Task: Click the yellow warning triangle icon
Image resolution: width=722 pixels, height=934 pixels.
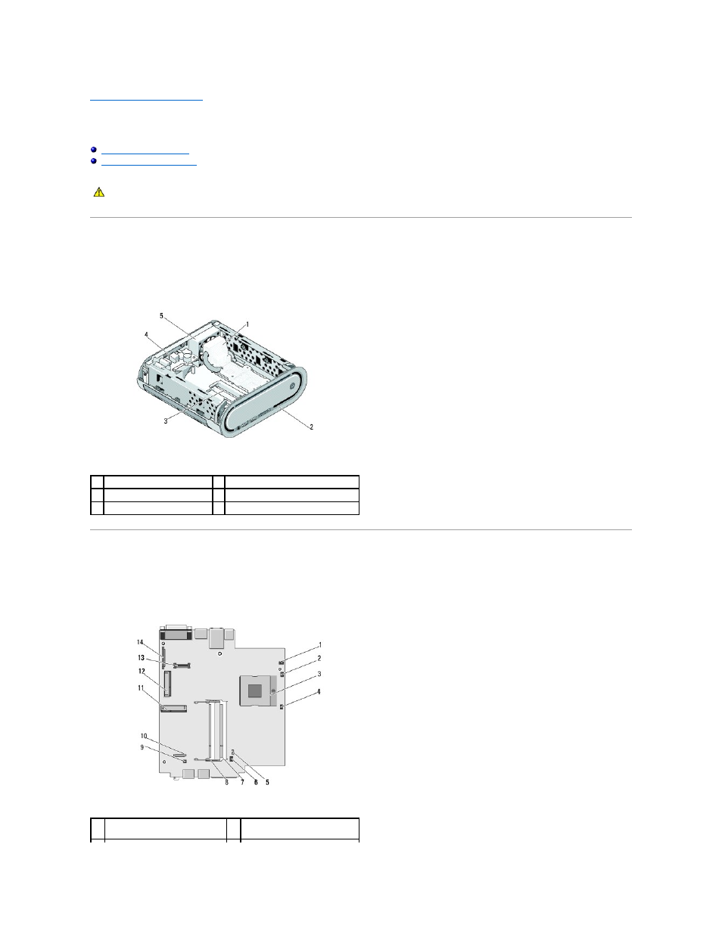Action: coord(99,191)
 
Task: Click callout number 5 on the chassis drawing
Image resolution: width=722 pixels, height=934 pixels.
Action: coord(162,316)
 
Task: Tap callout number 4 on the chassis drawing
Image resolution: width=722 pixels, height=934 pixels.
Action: coord(146,334)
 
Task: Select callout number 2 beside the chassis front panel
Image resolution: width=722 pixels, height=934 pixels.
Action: coord(311,427)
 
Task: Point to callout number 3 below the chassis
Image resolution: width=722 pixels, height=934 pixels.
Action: coord(166,421)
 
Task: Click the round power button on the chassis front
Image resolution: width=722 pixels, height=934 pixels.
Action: coord(292,386)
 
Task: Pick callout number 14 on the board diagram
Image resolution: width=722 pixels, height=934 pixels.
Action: coord(140,642)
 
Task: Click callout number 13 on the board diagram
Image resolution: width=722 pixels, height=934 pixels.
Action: coord(141,658)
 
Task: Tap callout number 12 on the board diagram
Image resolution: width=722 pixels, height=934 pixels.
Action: coord(142,671)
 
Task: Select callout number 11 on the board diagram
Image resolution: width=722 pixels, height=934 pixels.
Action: coord(141,688)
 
